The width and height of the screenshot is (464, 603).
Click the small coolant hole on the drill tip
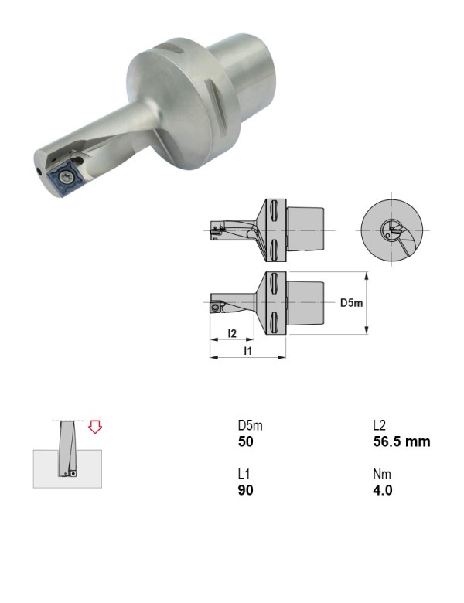[39, 170]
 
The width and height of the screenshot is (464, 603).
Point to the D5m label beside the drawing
[351, 303]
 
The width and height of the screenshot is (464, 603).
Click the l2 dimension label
[232, 333]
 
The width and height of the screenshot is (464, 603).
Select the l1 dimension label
[248, 351]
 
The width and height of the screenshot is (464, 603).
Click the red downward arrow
[95, 427]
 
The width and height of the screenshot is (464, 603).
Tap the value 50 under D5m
[245, 441]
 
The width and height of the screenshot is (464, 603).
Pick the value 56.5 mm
[401, 441]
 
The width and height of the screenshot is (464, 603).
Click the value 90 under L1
[245, 490]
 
